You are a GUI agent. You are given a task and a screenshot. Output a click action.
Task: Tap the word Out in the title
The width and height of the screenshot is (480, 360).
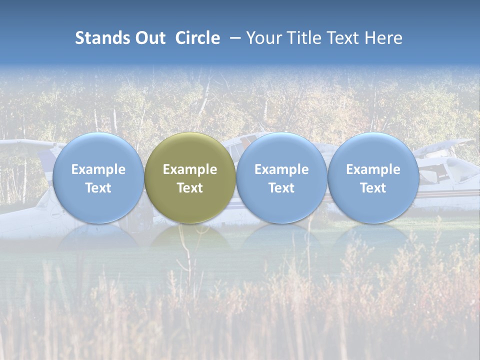click(x=150, y=38)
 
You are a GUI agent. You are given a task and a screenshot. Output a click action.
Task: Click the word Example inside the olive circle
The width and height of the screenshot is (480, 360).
click(x=190, y=169)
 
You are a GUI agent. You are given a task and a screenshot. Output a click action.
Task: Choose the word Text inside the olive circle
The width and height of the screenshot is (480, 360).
click(x=190, y=188)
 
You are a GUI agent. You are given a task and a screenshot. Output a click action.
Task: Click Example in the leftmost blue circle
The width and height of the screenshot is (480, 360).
click(x=98, y=169)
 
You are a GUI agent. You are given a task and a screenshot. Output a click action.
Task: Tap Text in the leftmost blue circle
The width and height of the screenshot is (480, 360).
click(x=98, y=188)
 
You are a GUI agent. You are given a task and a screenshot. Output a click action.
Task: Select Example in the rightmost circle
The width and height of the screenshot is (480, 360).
click(x=373, y=169)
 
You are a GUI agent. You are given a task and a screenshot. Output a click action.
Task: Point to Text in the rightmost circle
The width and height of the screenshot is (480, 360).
click(x=373, y=188)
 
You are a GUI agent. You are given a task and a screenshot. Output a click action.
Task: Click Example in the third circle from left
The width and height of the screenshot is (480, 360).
click(x=281, y=169)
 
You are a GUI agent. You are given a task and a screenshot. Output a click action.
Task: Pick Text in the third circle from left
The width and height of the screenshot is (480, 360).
click(x=281, y=188)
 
